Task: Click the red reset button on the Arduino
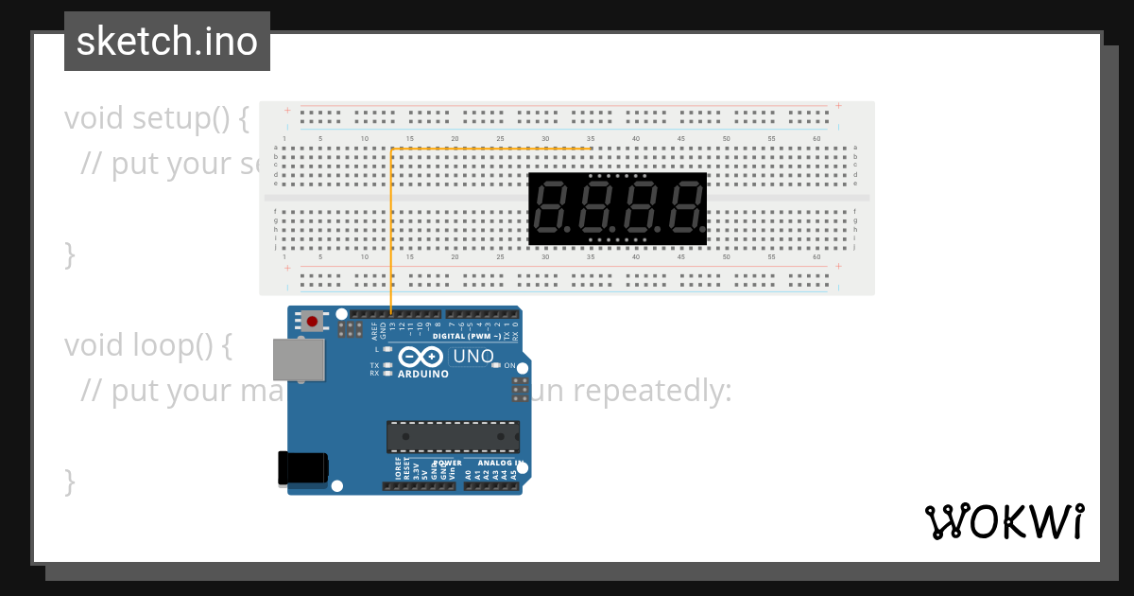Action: (x=311, y=322)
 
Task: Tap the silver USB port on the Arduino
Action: (x=299, y=360)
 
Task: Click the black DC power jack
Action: (x=302, y=468)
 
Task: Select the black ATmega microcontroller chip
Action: (x=453, y=437)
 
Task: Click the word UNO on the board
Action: (x=473, y=357)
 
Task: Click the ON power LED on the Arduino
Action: (x=495, y=365)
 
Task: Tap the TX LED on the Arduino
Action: (x=387, y=365)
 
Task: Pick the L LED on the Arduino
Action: (x=387, y=349)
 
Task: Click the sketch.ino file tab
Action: (x=167, y=42)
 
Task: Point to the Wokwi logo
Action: (x=1004, y=521)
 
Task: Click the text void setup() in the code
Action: (x=157, y=118)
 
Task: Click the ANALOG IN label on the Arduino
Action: (x=500, y=463)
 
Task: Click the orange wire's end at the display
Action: (x=591, y=149)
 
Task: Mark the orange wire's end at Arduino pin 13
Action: (x=391, y=313)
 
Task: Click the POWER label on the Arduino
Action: (x=448, y=463)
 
